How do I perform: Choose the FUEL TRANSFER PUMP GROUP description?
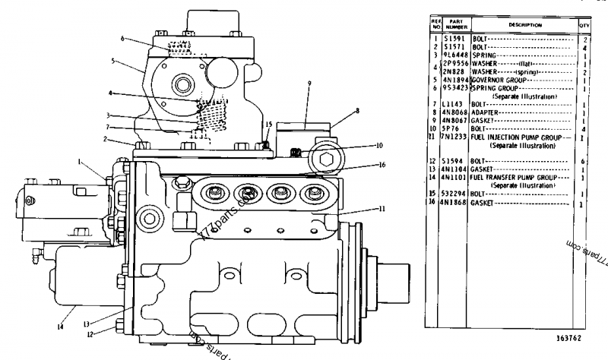[524, 176]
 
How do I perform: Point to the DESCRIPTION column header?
[522, 25]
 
